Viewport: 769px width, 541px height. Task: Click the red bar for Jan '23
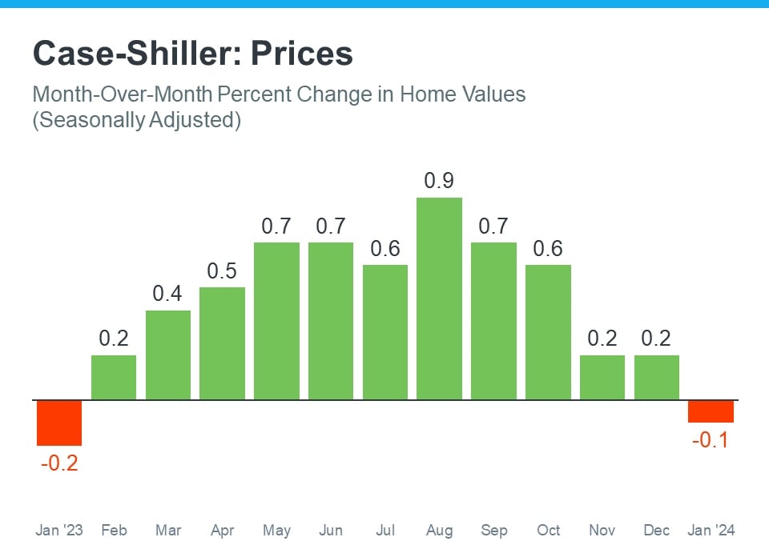click(59, 423)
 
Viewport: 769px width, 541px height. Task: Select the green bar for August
click(440, 299)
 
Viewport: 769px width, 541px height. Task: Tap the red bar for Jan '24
click(711, 411)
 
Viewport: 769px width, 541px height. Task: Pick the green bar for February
click(114, 377)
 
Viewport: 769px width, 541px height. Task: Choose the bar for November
click(602, 377)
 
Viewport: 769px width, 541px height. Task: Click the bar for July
click(385, 332)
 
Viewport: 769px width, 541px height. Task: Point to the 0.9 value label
click(440, 181)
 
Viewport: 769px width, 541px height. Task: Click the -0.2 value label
click(59, 463)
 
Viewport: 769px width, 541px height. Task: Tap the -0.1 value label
click(711, 439)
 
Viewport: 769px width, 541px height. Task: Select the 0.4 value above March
click(168, 294)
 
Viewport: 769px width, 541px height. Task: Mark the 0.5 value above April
click(222, 271)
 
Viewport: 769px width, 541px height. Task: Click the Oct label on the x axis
click(549, 530)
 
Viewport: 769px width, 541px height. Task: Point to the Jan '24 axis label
click(711, 530)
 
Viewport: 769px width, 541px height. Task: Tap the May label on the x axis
click(276, 530)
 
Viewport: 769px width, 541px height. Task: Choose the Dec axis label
click(657, 530)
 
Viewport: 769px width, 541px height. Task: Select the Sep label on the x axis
click(493, 530)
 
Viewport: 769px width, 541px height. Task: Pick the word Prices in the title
click(302, 54)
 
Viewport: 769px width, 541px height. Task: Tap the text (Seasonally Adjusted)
click(136, 121)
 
